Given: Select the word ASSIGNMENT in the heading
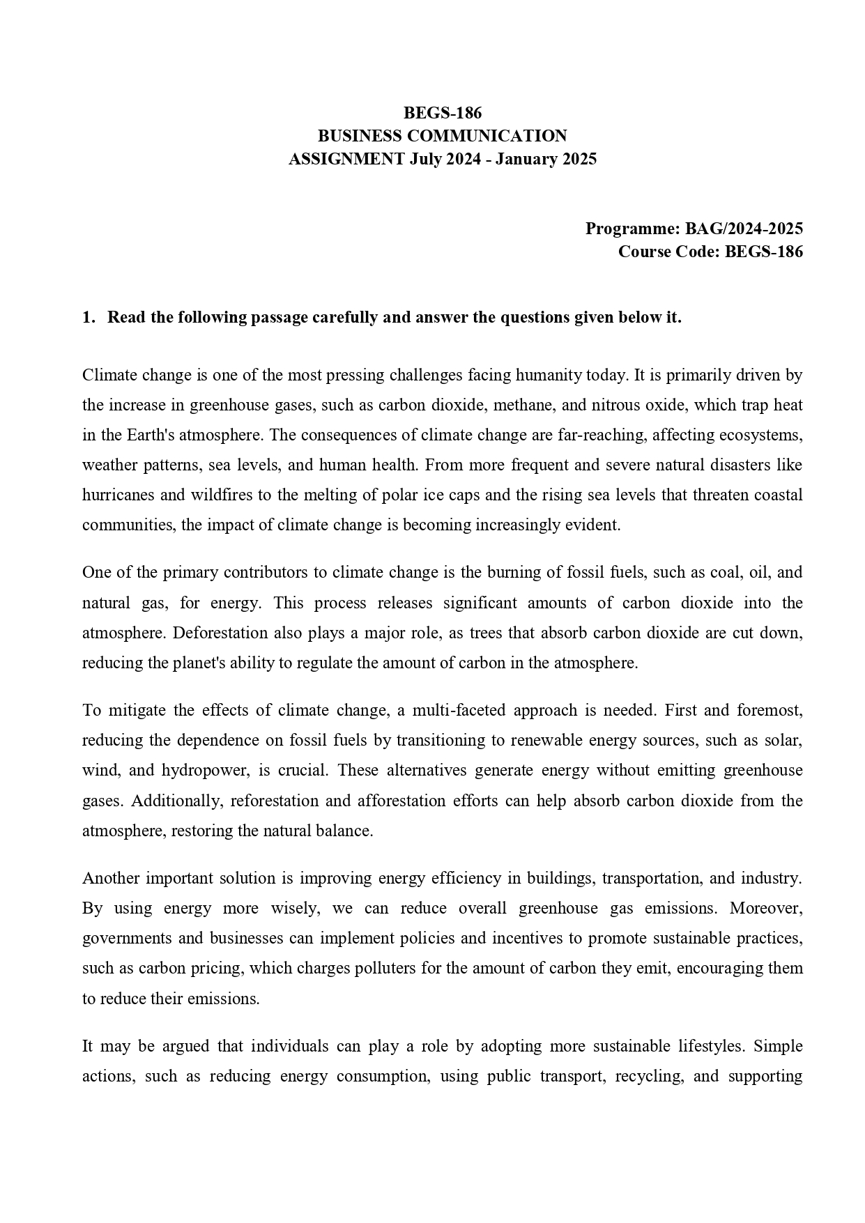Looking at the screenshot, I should pos(346,159).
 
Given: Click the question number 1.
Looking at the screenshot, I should pos(88,318).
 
